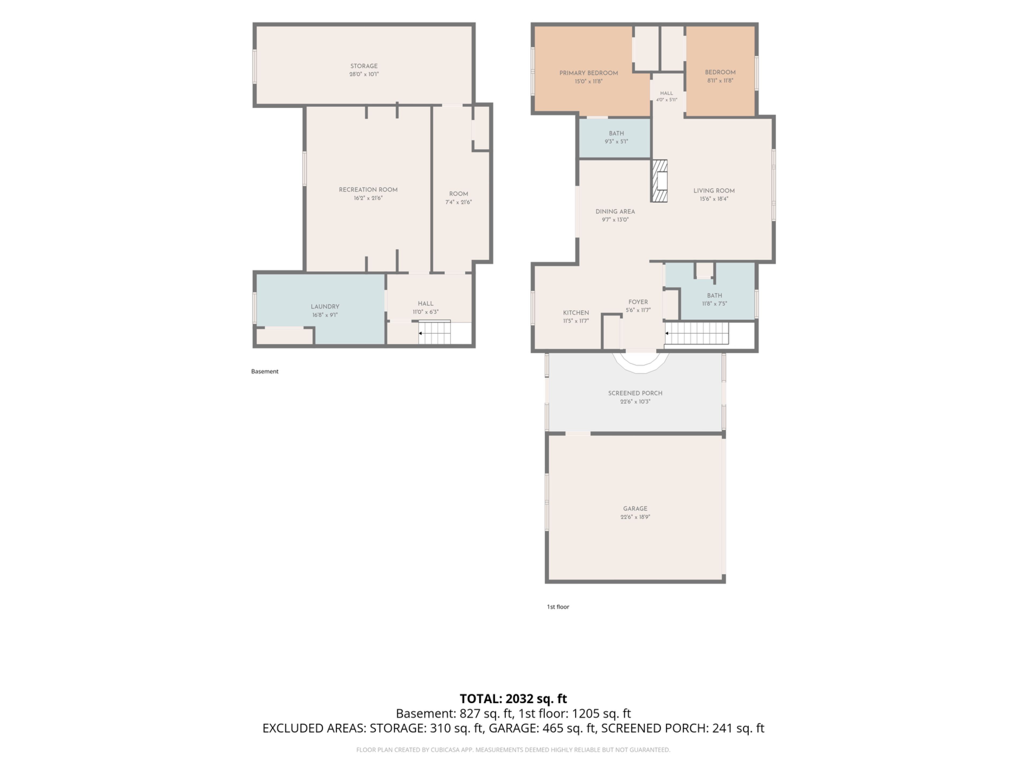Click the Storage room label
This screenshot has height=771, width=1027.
click(364, 66)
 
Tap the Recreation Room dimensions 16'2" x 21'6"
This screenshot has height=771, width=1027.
click(368, 198)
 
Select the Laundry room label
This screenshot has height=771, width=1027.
click(325, 307)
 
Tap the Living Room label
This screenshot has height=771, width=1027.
click(714, 191)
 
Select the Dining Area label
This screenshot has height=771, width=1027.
click(615, 211)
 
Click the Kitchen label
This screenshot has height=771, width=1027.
click(576, 313)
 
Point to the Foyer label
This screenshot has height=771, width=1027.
click(638, 302)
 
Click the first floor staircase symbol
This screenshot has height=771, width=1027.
click(696, 333)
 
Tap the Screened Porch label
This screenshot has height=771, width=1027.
click(635, 393)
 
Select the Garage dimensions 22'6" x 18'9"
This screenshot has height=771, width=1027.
click(635, 517)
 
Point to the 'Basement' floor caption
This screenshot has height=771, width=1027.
click(265, 371)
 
